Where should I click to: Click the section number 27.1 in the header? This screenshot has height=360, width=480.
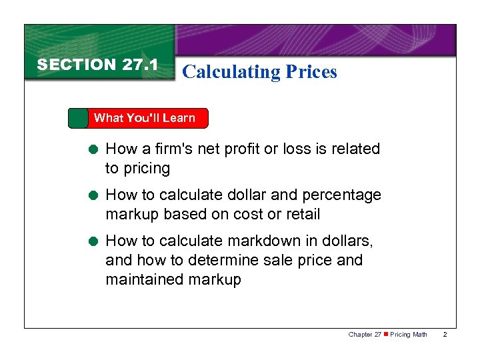coord(140,65)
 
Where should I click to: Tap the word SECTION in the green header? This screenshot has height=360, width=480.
coord(77,65)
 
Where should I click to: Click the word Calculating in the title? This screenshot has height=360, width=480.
coord(223,71)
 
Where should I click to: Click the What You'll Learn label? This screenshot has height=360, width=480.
coord(144,118)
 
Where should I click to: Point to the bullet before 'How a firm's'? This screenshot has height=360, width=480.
coord(96,149)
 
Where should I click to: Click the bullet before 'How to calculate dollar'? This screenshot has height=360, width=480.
coord(96,196)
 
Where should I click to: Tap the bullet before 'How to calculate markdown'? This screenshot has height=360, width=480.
coord(96,241)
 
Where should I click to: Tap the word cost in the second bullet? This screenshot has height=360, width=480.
coord(246,214)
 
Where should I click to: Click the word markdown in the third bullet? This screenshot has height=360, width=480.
coord(255,240)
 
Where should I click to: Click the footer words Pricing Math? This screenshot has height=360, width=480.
coord(408,334)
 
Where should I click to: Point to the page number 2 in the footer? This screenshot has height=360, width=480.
coord(446,334)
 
